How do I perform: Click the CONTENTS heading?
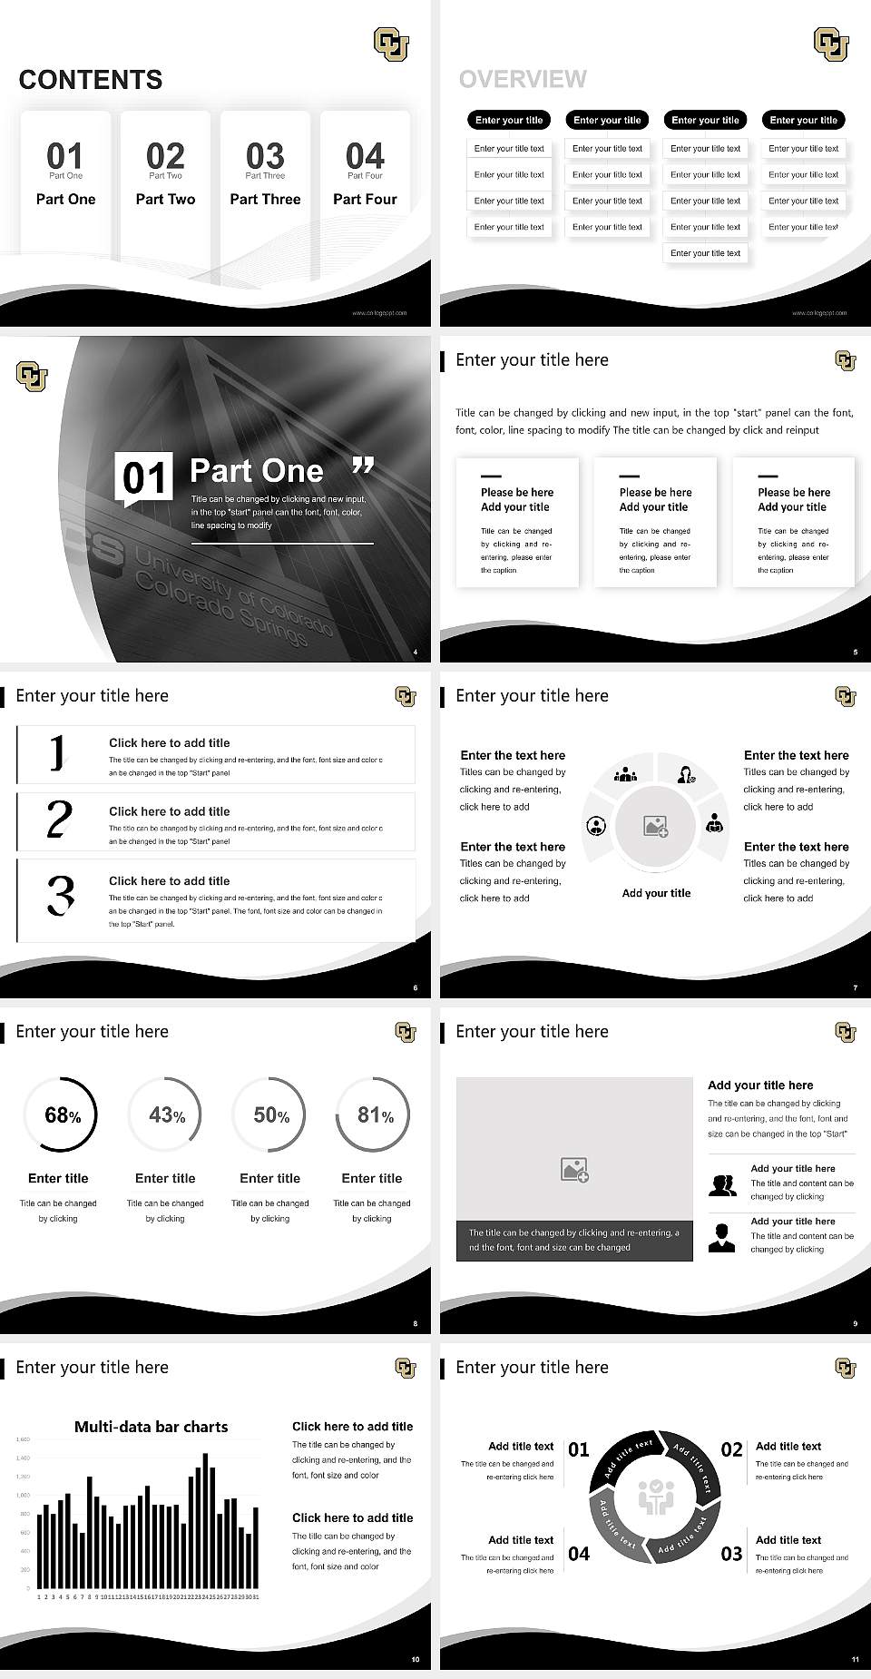coord(91,80)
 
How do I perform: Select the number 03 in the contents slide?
coord(265,155)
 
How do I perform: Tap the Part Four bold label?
coord(365,199)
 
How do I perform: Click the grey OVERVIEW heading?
coord(523,80)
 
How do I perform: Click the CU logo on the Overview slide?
coord(831,44)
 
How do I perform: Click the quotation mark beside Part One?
coord(363,466)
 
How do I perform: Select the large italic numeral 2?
coord(59,820)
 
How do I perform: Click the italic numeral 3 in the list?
coord(60,894)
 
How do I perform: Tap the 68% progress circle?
coord(60,1115)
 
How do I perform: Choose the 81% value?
coord(374,1115)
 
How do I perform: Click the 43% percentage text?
coord(166,1115)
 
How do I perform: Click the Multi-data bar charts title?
coord(151,1427)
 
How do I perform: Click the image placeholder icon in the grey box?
coord(574,1170)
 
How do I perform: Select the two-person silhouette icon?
coord(722,1185)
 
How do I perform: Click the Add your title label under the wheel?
coord(656,893)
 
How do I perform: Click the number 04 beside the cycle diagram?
coord(579,1554)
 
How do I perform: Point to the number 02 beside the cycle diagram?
coord(731,1449)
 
